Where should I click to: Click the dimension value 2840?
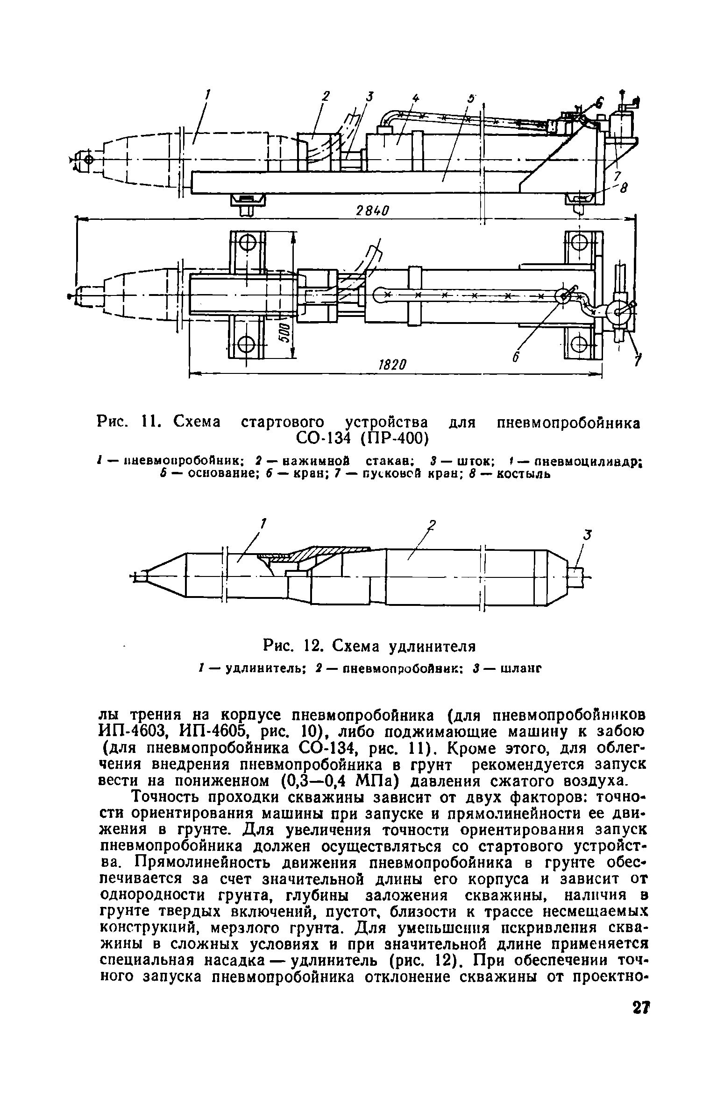click(x=372, y=211)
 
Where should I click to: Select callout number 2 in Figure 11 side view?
click(x=326, y=96)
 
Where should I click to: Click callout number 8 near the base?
click(x=623, y=188)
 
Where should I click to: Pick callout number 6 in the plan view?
click(x=516, y=357)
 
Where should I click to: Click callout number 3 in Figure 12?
click(x=588, y=535)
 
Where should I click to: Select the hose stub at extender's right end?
click(x=576, y=577)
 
